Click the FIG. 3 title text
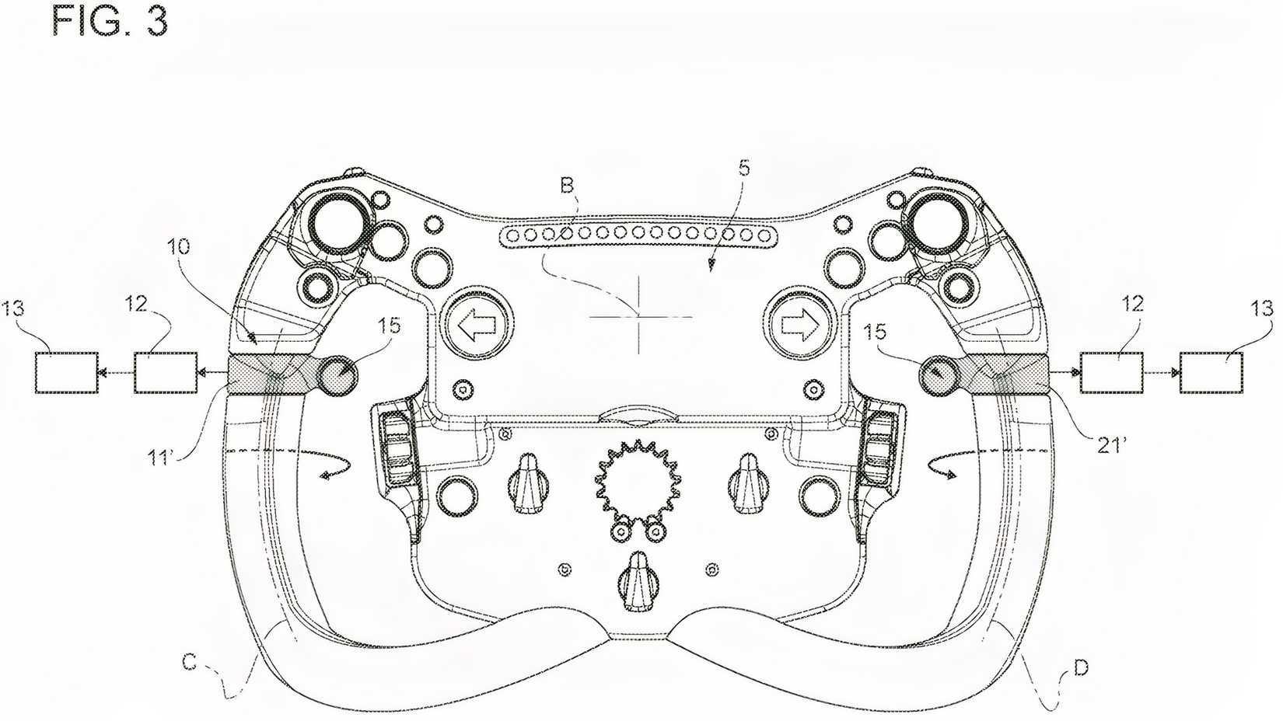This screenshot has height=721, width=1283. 110,21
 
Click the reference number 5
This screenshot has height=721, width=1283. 744,168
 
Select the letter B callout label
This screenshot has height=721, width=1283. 567,184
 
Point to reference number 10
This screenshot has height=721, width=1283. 178,247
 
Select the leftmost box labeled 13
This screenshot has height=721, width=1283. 67,372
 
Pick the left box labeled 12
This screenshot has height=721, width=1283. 166,372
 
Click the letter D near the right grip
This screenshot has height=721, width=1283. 1080,667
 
